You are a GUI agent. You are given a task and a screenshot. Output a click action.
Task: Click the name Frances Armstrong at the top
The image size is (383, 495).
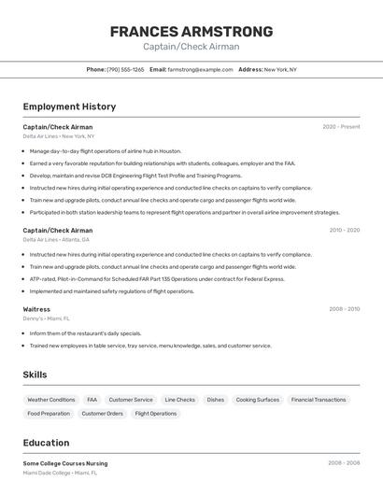(x=191, y=32)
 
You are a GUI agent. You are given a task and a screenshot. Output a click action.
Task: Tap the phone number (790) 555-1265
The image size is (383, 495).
(x=125, y=69)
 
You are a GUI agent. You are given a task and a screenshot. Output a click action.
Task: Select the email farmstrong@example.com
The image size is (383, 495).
(x=200, y=69)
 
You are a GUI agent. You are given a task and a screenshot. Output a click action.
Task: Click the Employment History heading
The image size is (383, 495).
(x=69, y=106)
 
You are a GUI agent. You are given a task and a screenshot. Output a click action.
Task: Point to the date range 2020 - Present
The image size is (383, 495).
(x=341, y=126)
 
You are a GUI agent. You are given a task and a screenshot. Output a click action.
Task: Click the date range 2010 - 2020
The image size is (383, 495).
(x=344, y=230)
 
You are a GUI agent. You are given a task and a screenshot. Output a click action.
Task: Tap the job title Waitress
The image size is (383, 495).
(x=36, y=309)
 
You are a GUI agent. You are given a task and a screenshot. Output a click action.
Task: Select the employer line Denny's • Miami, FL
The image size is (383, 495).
(x=47, y=318)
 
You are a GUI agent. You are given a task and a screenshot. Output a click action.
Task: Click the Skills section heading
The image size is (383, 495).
(x=35, y=375)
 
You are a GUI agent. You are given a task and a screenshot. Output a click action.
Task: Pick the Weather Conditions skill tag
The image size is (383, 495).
(x=51, y=400)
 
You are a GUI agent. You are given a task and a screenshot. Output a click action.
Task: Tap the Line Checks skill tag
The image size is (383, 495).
(x=179, y=400)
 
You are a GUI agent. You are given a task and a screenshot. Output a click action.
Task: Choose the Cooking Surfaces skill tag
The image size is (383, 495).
(x=257, y=400)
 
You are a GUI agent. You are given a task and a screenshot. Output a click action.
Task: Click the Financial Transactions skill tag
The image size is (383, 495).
(x=318, y=400)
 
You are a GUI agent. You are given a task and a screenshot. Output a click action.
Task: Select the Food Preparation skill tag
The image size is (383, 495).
(x=49, y=413)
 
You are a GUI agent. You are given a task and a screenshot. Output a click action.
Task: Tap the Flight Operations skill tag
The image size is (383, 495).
(x=156, y=413)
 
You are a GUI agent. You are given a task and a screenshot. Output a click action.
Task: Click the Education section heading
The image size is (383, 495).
(x=46, y=443)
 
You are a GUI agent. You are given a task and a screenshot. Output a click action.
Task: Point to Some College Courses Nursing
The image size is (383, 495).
(x=65, y=463)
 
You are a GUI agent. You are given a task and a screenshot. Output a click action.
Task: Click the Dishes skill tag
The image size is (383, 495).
(x=216, y=400)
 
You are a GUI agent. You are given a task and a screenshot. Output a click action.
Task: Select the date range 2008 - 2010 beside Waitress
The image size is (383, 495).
(x=344, y=309)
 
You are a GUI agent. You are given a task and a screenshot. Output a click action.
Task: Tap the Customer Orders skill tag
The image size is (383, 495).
(x=102, y=413)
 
